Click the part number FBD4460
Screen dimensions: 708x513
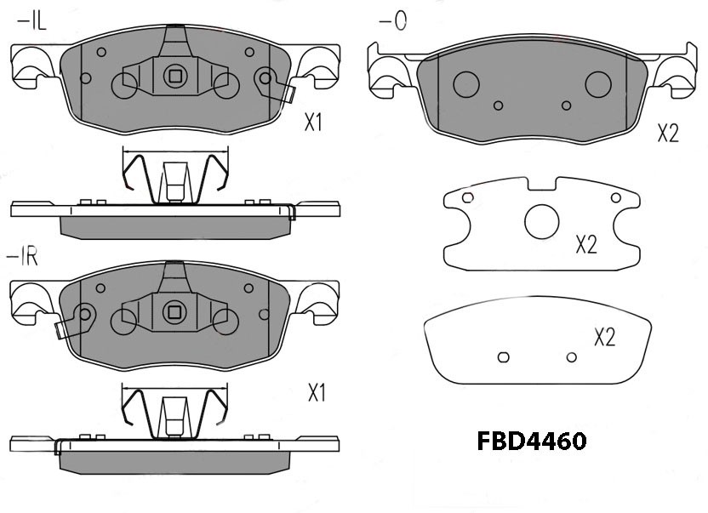click(x=532, y=442)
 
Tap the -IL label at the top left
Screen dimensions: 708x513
click(x=31, y=21)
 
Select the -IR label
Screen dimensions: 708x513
click(x=21, y=257)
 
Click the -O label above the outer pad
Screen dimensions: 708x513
click(x=393, y=20)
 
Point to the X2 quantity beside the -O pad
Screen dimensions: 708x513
click(x=668, y=134)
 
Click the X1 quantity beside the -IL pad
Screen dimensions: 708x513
click(x=313, y=122)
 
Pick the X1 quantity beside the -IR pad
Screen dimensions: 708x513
click(x=317, y=392)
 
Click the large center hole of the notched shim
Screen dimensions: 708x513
click(x=542, y=221)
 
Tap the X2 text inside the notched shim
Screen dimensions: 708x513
click(x=586, y=244)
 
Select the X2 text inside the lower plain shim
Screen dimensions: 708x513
click(x=604, y=337)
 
